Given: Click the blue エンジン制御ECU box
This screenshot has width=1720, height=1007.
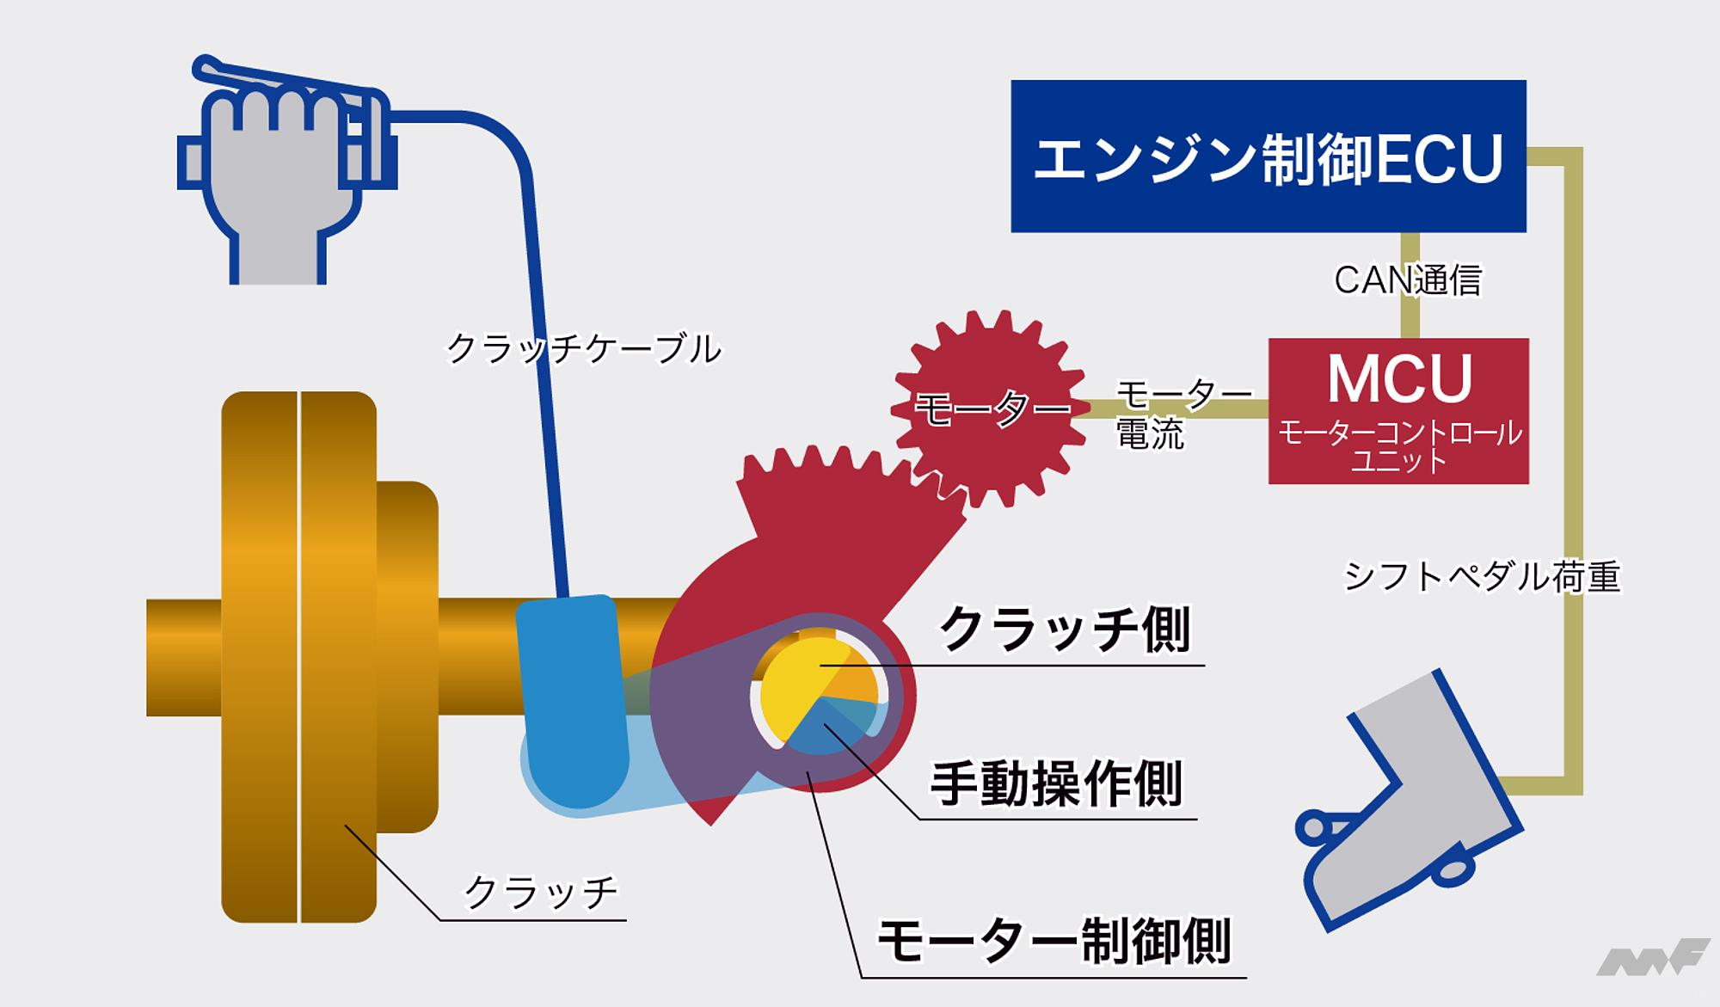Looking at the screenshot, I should tap(1268, 156).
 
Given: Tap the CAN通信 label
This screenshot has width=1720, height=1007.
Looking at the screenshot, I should tap(1407, 280).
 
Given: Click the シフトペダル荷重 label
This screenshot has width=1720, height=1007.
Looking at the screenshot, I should tap(1481, 576).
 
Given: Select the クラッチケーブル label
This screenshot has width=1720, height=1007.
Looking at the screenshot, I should tap(583, 349).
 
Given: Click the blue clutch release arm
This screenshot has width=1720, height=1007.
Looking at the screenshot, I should tap(572, 697).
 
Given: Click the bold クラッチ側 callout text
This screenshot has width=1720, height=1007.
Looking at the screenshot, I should tap(1063, 629).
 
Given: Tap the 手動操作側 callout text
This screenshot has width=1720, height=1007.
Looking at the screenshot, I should tap(1056, 783).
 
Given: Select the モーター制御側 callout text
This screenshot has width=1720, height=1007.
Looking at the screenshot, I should tap(1053, 941).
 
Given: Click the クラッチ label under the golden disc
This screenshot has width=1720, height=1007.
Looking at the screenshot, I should tap(540, 892).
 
